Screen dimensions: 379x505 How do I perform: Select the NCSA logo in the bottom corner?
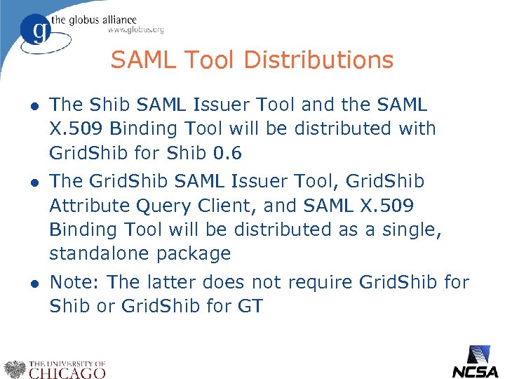click(x=475, y=362)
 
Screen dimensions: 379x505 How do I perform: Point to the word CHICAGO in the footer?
click(x=67, y=373)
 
